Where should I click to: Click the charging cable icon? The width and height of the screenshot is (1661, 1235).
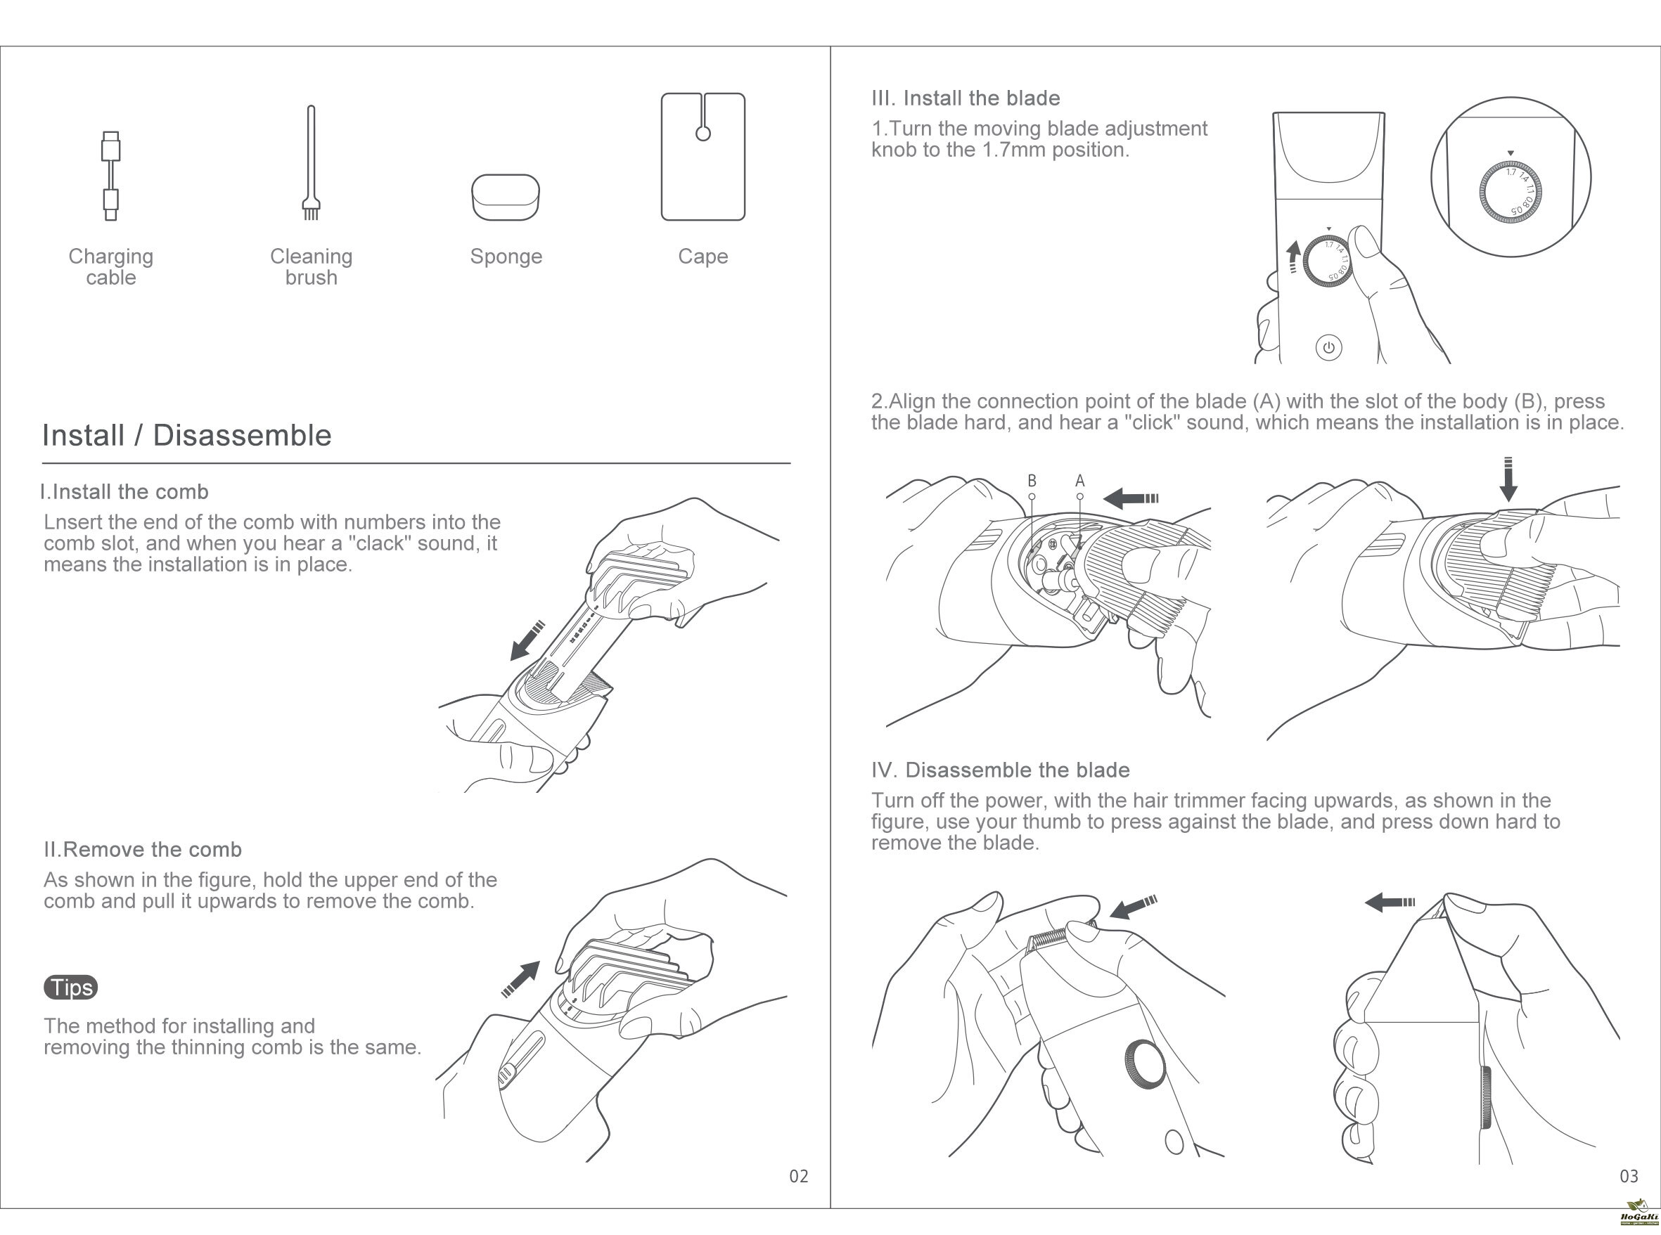coord(110,176)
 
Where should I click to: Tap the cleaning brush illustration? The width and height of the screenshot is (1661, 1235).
coord(311,163)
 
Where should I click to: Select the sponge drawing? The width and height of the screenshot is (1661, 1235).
coord(506,198)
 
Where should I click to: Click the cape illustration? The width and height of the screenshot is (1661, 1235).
coord(703,157)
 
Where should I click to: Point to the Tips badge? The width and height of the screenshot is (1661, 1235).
coord(71,988)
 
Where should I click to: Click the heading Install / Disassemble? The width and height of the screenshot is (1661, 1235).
coord(187,435)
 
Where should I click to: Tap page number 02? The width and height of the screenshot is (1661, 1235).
coord(799,1177)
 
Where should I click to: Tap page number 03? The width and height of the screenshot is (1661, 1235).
coord(1629,1177)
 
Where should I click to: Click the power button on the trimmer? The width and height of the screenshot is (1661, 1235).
coord(1328,348)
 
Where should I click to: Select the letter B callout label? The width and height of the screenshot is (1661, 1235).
coord(1032,481)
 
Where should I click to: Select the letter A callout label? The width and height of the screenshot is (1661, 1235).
coord(1080,481)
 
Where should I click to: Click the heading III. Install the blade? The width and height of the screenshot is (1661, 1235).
coord(966,98)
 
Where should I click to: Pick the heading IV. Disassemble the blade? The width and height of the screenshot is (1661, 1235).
coord(1001,770)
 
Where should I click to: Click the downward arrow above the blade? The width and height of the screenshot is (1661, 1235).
coord(1508,480)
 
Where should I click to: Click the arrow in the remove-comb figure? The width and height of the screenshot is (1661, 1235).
coord(521,978)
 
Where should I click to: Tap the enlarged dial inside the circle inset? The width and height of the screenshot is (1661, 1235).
coord(1511,192)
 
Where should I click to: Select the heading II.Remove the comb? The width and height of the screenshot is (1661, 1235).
coord(143,849)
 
